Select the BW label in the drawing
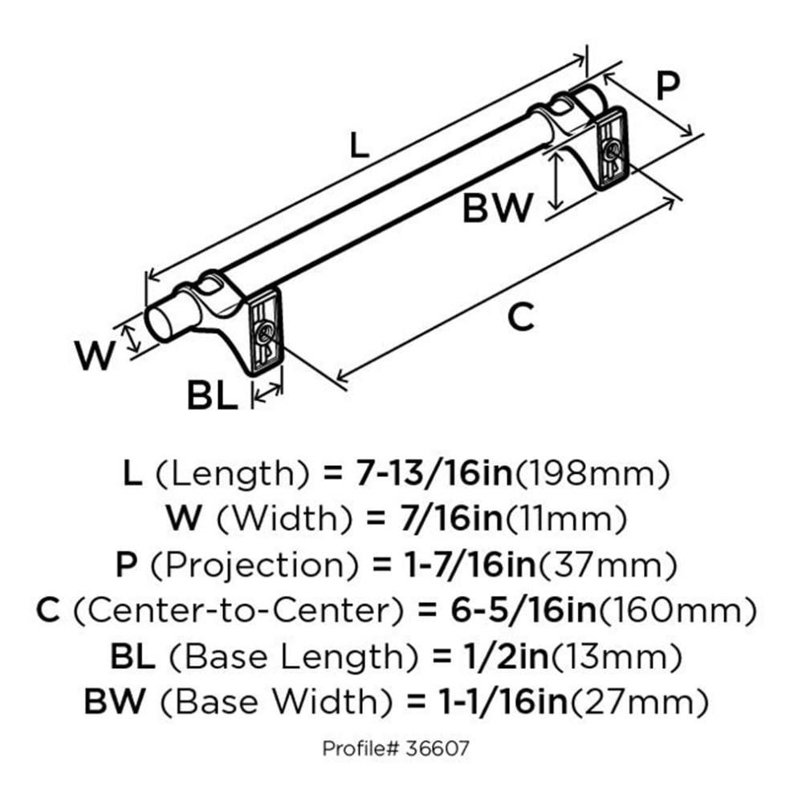[497, 209]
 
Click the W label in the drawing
[96, 355]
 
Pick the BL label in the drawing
[212, 395]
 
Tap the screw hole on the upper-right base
[612, 149]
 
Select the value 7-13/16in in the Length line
[421, 475]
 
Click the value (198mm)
[592, 475]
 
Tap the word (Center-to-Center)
[238, 612]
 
